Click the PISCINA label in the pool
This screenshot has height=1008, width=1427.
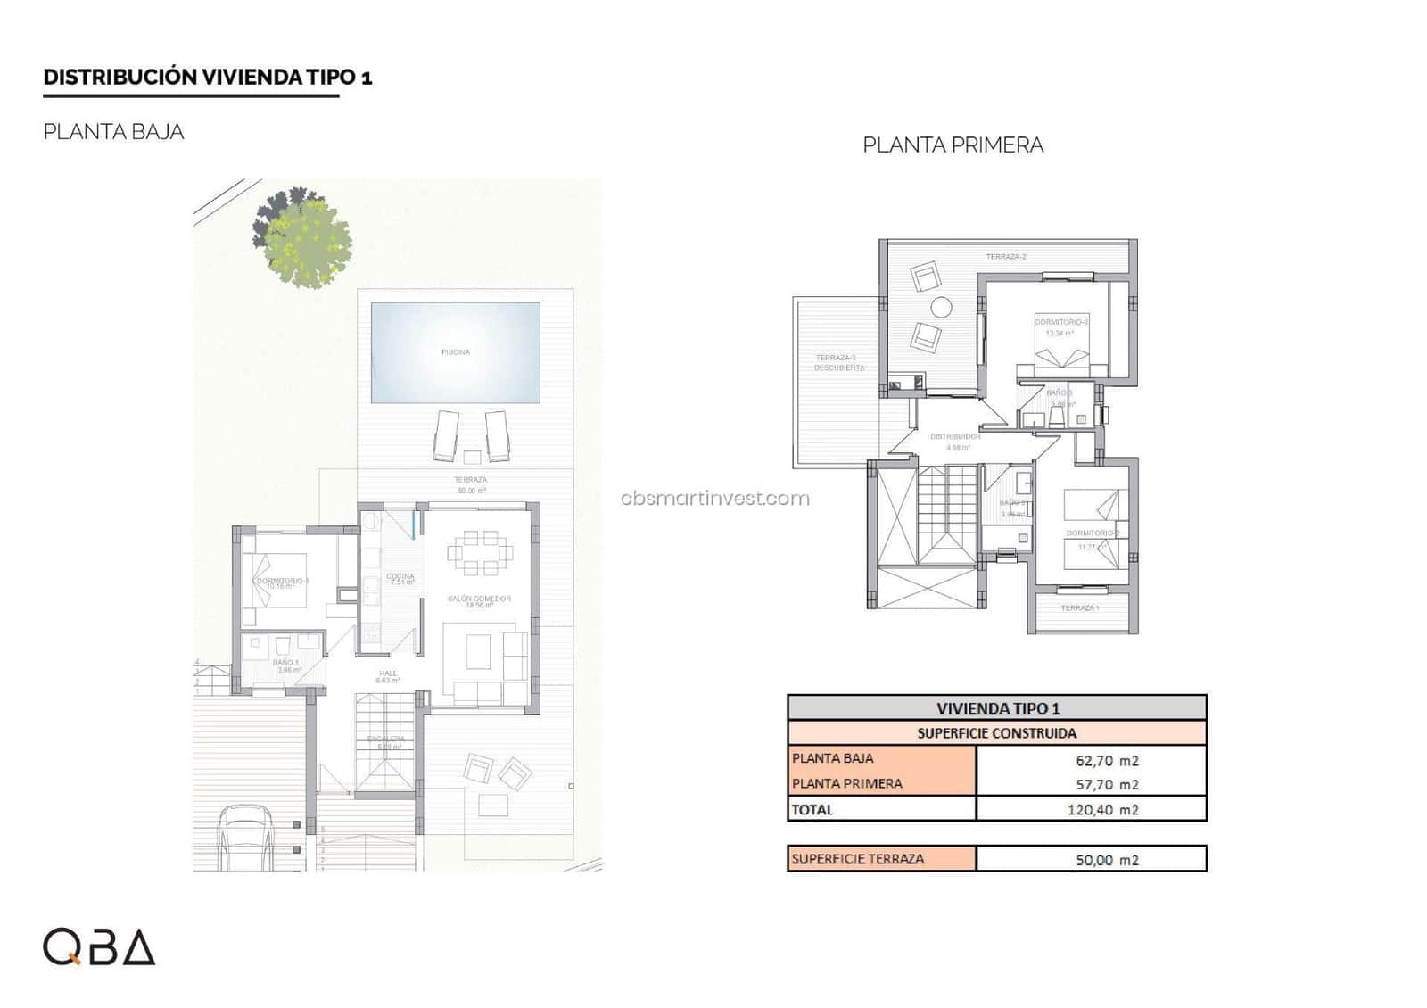455,352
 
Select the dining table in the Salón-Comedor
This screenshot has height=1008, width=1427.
480,553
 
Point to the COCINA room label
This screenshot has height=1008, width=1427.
400,577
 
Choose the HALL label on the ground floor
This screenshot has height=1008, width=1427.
388,674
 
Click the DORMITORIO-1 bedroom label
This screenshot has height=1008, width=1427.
282,582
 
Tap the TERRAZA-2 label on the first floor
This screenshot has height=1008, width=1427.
1005,257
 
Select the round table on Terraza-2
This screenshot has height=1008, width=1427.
941,308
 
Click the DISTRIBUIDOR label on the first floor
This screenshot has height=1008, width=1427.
955,437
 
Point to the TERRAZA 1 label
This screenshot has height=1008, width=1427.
1079,608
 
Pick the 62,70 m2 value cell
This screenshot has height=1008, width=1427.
1106,761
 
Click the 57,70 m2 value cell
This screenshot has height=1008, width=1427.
1106,785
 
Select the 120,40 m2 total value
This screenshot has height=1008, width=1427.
1102,810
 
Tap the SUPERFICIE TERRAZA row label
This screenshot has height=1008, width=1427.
858,859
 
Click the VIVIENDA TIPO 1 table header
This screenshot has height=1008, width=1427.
997,708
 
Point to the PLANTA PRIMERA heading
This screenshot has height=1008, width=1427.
953,145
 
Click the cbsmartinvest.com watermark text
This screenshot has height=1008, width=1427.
714,498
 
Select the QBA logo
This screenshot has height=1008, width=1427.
99,947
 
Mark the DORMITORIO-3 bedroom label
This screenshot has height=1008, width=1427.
1061,322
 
